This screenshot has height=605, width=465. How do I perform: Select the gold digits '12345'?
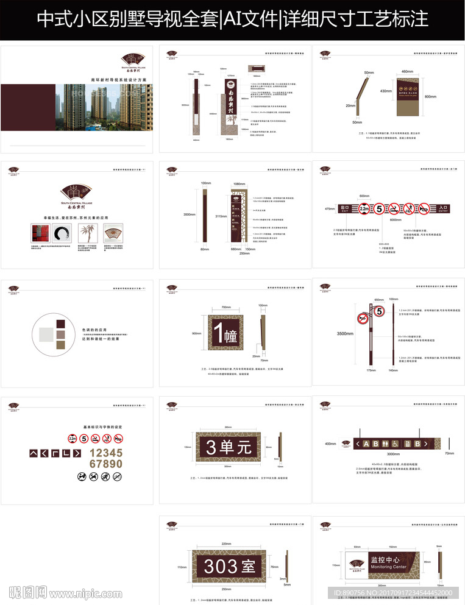(x=106, y=453)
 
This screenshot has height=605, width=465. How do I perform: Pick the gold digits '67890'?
(x=106, y=464)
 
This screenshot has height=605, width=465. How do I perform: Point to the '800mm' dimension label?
(x=431, y=96)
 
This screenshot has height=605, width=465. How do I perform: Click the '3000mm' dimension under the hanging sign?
(x=393, y=454)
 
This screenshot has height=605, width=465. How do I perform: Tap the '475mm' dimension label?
(x=329, y=209)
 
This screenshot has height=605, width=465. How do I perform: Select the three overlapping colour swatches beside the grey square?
(x=60, y=334)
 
